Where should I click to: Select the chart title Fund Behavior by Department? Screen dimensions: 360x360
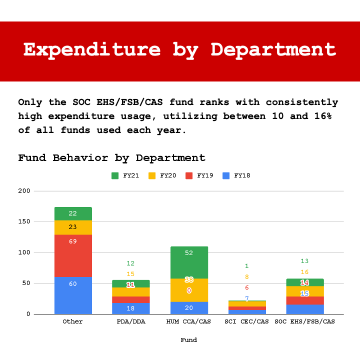pyautogui.click(x=111, y=158)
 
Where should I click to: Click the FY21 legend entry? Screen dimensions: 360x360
pyautogui.click(x=125, y=175)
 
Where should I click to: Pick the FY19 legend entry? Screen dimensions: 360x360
pyautogui.click(x=199, y=175)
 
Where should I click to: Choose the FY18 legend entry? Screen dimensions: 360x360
pyautogui.click(x=236, y=175)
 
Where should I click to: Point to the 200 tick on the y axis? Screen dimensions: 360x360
pyautogui.click(x=24, y=191)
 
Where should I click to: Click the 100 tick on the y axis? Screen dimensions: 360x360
pyautogui.click(x=24, y=252)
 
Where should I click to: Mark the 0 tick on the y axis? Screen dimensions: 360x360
pyautogui.click(x=28, y=314)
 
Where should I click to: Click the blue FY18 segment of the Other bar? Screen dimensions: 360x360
pyautogui.click(x=73, y=295)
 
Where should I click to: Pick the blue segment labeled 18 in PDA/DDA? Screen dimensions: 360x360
pyautogui.click(x=130, y=308)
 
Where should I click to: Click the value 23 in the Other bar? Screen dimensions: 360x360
pyautogui.click(x=73, y=227)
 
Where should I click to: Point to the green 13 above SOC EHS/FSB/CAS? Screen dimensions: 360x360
pyautogui.click(x=304, y=261)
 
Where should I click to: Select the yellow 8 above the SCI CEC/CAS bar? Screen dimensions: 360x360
pyautogui.click(x=246, y=277)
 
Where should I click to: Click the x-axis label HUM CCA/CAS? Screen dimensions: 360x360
pyautogui.click(x=189, y=321)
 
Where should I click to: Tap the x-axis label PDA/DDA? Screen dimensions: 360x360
pyautogui.click(x=130, y=321)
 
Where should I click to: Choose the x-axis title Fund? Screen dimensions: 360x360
pyautogui.click(x=188, y=340)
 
